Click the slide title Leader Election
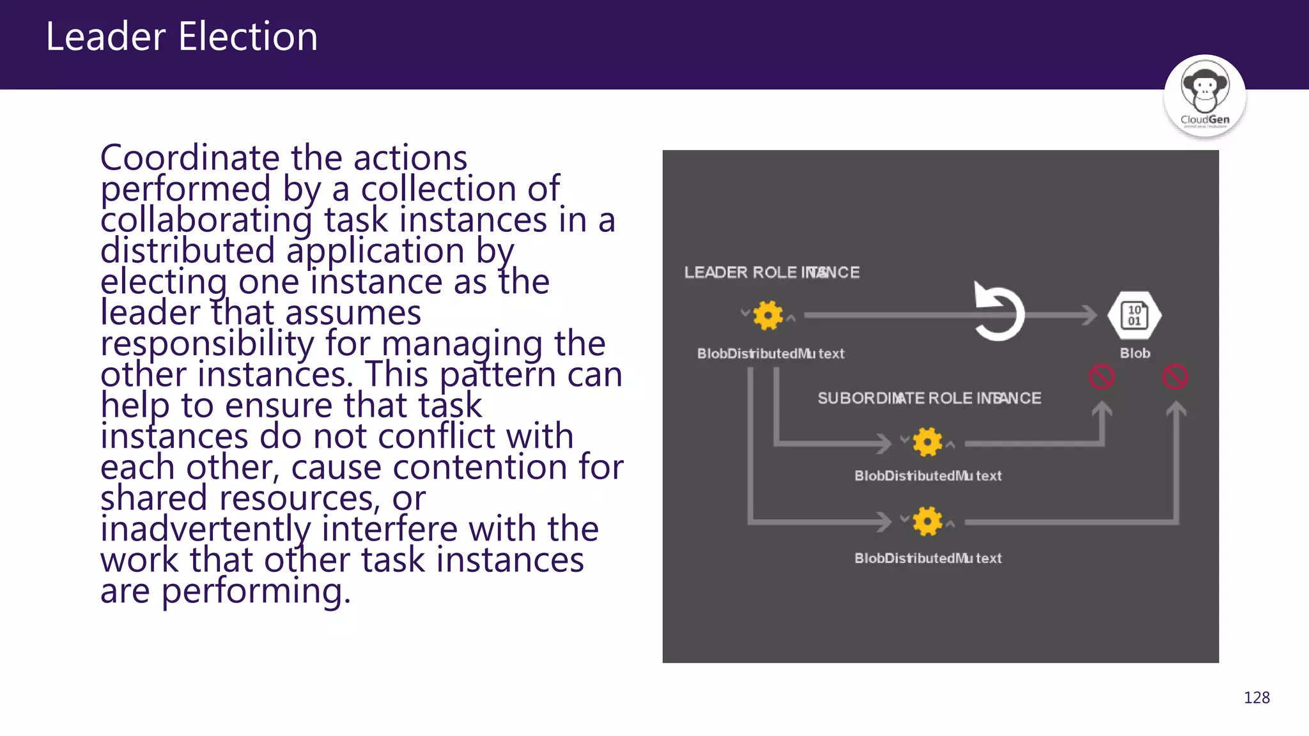tap(182, 36)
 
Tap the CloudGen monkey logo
tap(1204, 96)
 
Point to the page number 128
tap(1257, 698)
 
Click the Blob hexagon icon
tap(1135, 316)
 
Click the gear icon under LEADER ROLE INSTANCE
tap(768, 315)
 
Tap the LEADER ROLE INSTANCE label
tap(771, 273)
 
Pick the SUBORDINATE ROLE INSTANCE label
tap(929, 399)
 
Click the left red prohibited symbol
tap(1101, 377)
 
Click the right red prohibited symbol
tap(1175, 377)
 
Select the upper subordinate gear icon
tap(927, 442)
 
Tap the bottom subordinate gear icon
tap(927, 522)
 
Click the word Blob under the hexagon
tap(1135, 353)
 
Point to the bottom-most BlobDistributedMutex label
tap(928, 558)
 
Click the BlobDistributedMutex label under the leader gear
tap(771, 354)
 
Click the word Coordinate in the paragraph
tap(190, 158)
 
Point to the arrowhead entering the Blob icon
tap(1088, 315)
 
